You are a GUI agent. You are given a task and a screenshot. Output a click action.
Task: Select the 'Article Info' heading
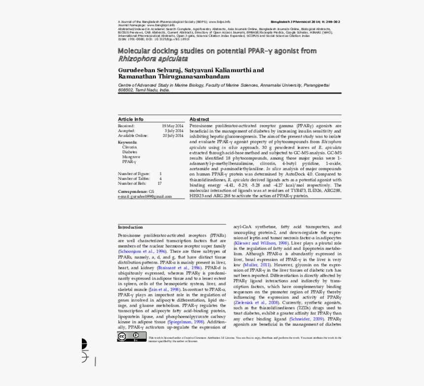click(x=131, y=119)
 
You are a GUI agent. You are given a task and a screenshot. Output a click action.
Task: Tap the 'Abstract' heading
click(x=199, y=119)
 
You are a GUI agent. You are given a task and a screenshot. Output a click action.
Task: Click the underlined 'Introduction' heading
click(x=130, y=227)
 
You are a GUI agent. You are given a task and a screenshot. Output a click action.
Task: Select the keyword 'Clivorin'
click(x=130, y=147)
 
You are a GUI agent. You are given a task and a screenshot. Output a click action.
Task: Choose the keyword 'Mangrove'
click(x=131, y=157)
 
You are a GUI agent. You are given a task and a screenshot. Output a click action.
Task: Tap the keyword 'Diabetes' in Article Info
click(x=130, y=152)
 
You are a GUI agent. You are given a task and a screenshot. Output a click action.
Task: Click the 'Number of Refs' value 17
click(x=159, y=183)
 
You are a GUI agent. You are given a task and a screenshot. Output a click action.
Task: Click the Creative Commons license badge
click(x=131, y=337)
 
